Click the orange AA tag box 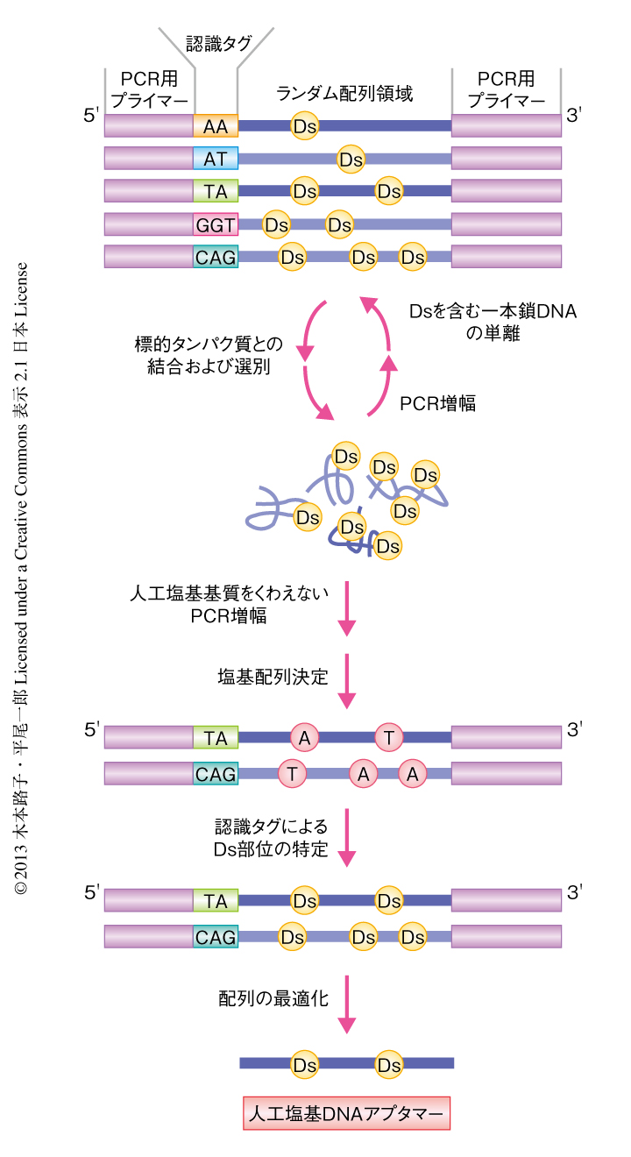pyautogui.click(x=216, y=126)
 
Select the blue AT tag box pyautogui.click(x=216, y=159)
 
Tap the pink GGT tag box pyautogui.click(x=216, y=224)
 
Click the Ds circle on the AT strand pyautogui.click(x=351, y=159)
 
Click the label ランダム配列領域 pyautogui.click(x=344, y=92)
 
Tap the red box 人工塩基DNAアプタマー pyautogui.click(x=346, y=1113)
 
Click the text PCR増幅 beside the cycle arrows pyautogui.click(x=438, y=403)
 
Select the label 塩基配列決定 pyautogui.click(x=273, y=677)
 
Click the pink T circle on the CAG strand pyautogui.click(x=292, y=772)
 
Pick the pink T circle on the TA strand pyautogui.click(x=388, y=738)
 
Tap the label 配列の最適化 pyautogui.click(x=273, y=997)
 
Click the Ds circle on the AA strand pyautogui.click(x=304, y=126)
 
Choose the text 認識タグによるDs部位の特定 pyautogui.click(x=272, y=838)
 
